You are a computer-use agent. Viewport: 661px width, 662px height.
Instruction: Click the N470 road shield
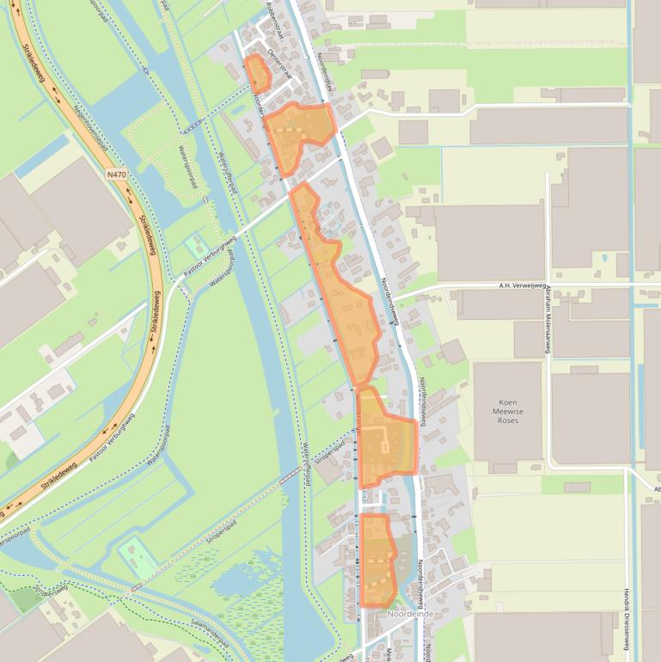[118, 175]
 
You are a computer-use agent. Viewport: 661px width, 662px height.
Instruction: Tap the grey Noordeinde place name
[409, 614]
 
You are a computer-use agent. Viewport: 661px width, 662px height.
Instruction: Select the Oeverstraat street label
[279, 65]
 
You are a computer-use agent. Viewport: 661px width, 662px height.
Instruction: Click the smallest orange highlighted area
[257, 73]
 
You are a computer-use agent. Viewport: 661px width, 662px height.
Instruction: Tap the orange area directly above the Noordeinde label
[376, 559]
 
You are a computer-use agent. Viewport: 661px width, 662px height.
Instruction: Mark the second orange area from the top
[297, 133]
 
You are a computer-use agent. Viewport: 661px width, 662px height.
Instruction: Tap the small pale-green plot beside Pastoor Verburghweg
[194, 247]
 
